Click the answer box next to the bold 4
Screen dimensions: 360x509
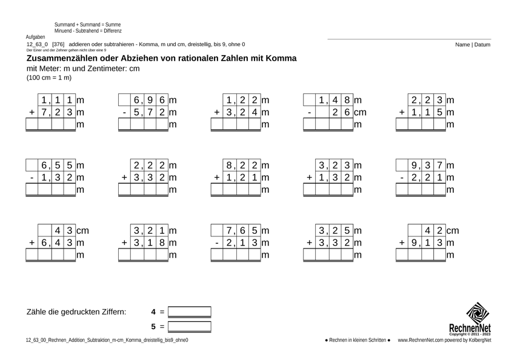[190, 312]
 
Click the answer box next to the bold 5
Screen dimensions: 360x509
[190, 327]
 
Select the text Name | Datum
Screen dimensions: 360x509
[473, 45]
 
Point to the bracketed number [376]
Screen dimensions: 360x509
[58, 45]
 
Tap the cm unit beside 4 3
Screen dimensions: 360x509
[82, 230]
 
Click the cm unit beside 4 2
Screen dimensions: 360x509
[452, 230]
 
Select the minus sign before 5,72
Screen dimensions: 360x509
[124, 112]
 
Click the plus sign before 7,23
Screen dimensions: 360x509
[32, 112]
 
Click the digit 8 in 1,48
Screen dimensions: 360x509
[347, 99]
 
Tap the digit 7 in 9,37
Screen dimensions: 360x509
[440, 165]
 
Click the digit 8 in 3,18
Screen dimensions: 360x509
[163, 243]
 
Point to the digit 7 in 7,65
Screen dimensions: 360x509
[230, 230]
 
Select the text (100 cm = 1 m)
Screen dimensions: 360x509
[49, 78]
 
